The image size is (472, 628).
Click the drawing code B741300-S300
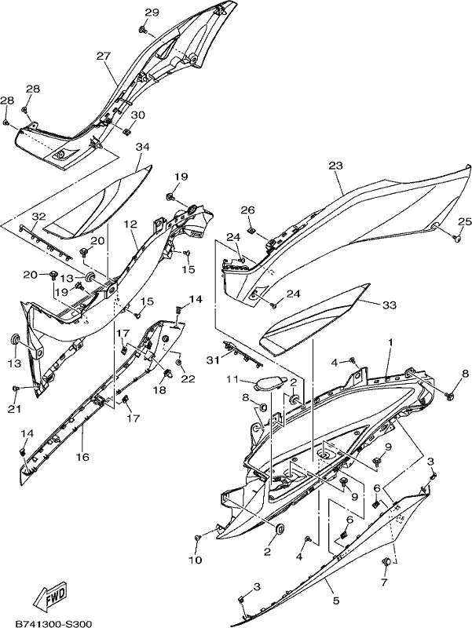pos(53,623)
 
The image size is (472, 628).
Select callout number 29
pos(152,13)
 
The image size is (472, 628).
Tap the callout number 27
pos(103,56)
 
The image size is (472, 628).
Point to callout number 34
pos(142,147)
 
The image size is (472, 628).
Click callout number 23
pos(336,166)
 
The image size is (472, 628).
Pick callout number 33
pos(389,305)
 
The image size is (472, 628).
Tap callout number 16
pos(82,457)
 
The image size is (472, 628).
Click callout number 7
pos(384,582)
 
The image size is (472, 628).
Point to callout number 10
pos(195,560)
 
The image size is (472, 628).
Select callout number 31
pos(212,360)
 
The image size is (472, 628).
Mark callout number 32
pos(39,217)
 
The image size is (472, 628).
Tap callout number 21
pos(15,409)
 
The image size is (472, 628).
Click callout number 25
pos(465,221)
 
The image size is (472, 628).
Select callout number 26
pos(247,210)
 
